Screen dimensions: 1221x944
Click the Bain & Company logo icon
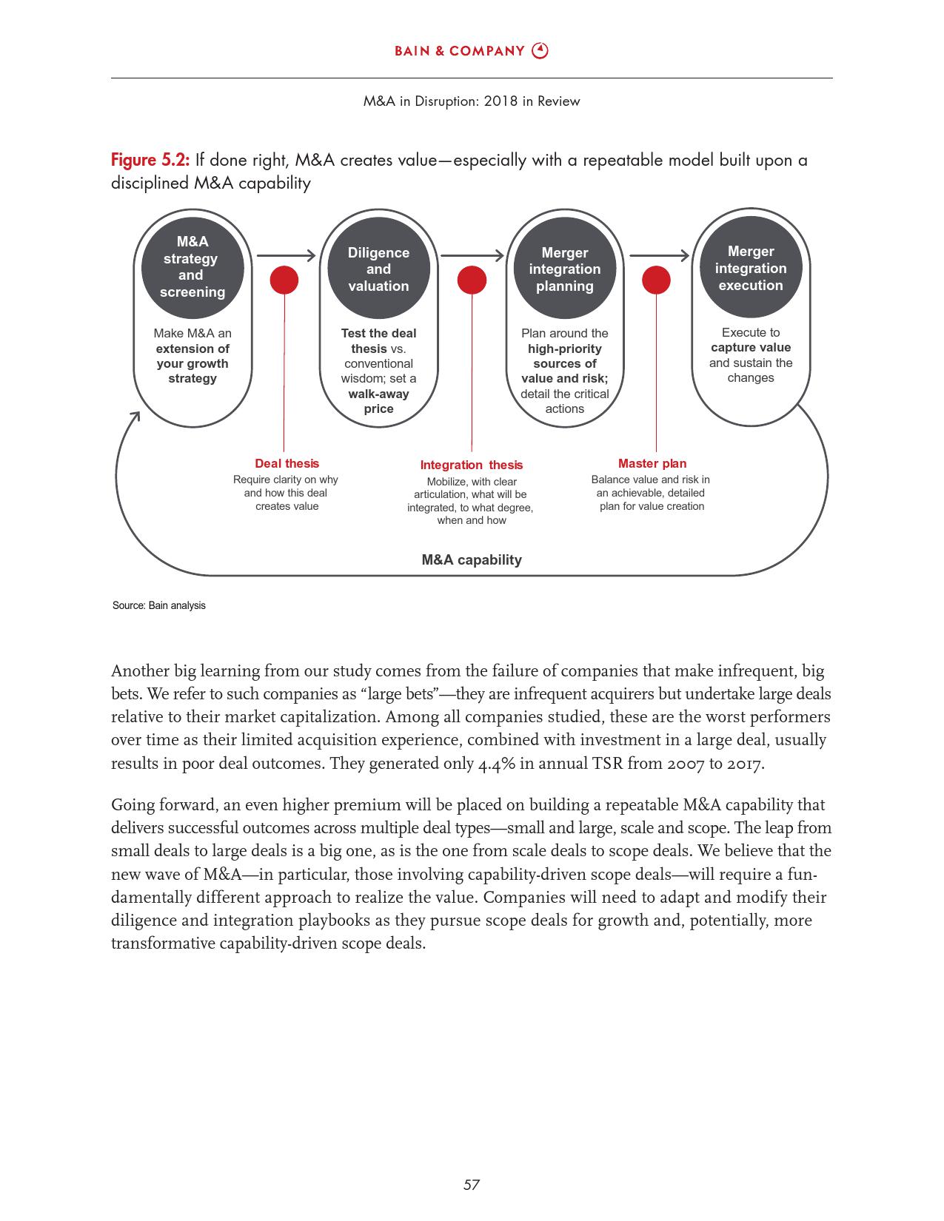click(540, 50)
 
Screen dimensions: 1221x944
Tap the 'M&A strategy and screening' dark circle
click(193, 266)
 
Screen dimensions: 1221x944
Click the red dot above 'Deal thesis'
click(284, 280)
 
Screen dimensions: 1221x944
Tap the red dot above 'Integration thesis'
click(472, 280)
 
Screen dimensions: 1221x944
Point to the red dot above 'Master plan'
click(656, 280)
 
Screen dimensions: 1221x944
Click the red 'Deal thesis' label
click(287, 463)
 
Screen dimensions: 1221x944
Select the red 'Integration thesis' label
click(471, 465)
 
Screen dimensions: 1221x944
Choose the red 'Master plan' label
click(652, 463)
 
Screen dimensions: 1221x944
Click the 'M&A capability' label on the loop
click(472, 559)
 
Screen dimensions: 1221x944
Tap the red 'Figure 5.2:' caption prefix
click(150, 160)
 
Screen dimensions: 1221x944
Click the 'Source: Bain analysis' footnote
click(159, 605)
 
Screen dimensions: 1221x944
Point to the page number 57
click(472, 1185)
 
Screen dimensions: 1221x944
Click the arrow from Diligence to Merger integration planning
click(472, 256)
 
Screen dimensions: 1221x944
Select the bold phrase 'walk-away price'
click(378, 401)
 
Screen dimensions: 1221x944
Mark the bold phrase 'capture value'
click(751, 348)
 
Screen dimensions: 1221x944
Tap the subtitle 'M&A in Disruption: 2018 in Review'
click(472, 101)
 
